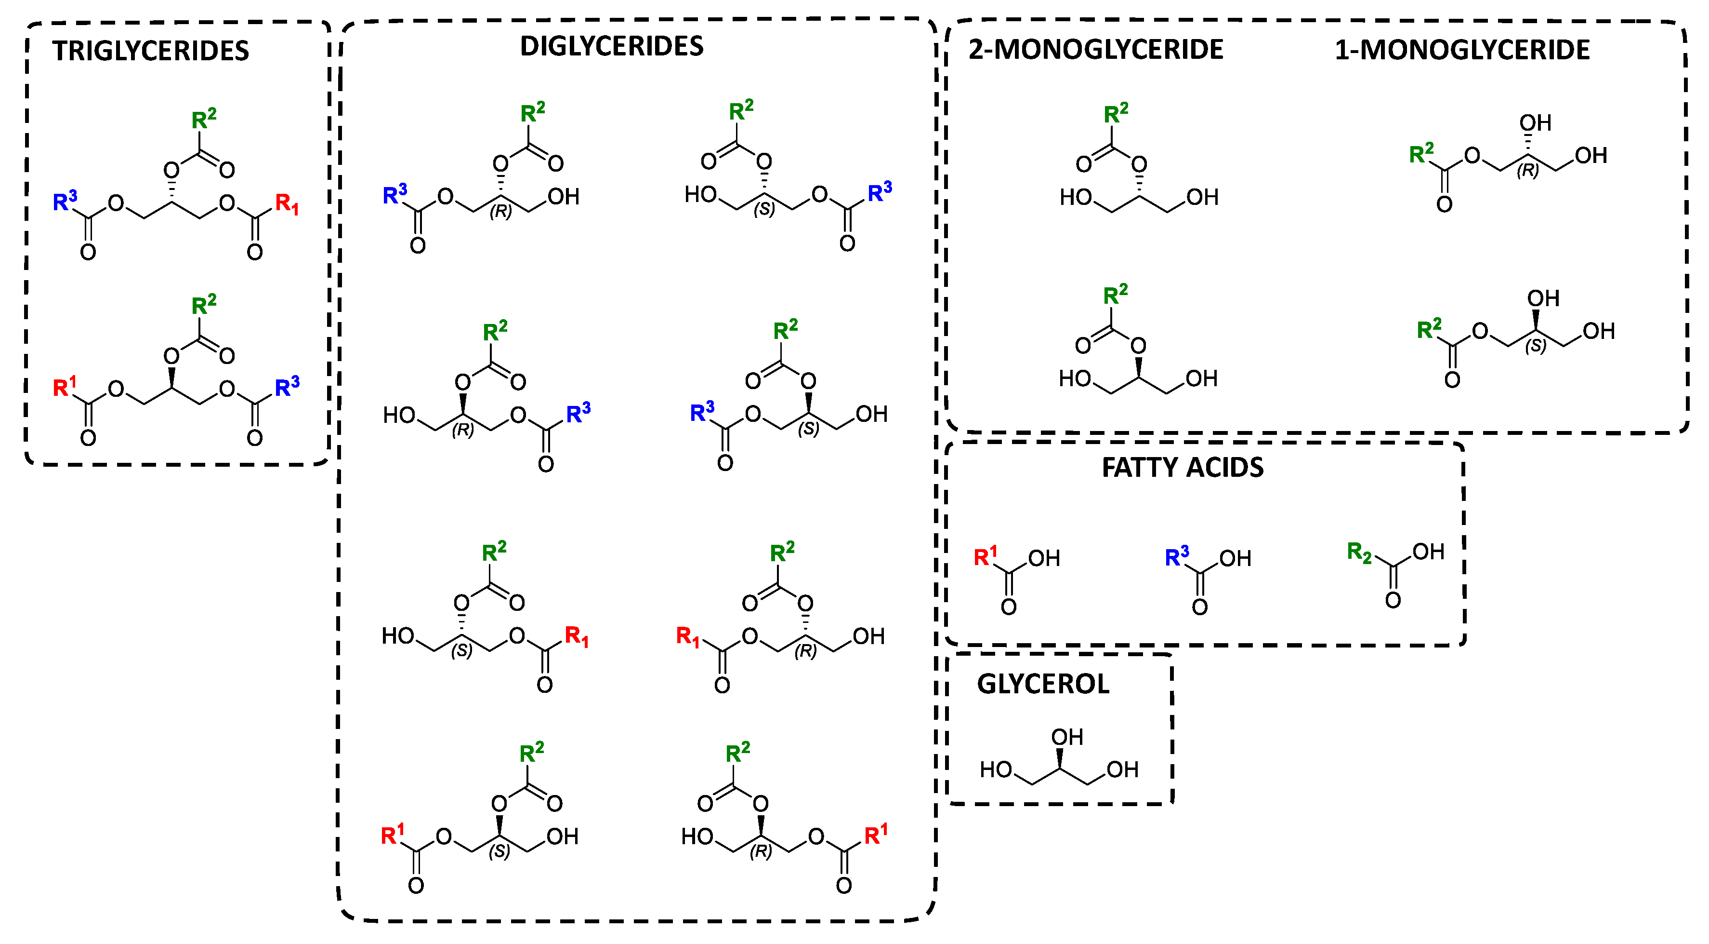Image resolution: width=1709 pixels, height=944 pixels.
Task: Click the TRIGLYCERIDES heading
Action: (x=151, y=51)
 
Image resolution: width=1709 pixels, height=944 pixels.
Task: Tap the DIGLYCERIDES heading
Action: (x=611, y=46)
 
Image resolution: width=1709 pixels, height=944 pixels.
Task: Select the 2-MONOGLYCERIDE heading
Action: (x=1095, y=50)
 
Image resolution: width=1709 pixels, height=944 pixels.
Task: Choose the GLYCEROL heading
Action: (x=1042, y=684)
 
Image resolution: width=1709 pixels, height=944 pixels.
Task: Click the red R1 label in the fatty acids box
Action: (x=985, y=556)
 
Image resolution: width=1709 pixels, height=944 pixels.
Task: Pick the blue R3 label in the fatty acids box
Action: (x=1176, y=556)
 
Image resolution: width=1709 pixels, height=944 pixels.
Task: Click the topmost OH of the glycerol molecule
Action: (x=1067, y=737)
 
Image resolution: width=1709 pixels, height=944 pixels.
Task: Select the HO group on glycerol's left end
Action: (x=995, y=770)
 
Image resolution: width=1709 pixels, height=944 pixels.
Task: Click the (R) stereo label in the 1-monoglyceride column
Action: (x=1528, y=171)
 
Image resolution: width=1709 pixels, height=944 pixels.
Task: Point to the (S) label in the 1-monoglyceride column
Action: (x=1535, y=346)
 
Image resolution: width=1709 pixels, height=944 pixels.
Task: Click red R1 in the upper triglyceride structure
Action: (x=287, y=204)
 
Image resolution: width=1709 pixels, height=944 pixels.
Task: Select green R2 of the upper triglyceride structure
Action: (x=203, y=120)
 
